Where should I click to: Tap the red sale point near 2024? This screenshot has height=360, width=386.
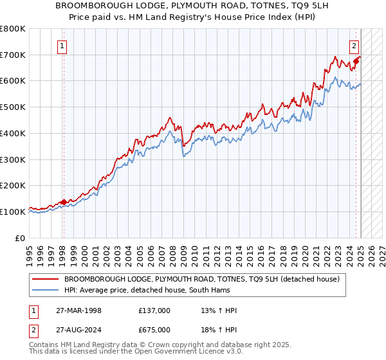click(x=356, y=62)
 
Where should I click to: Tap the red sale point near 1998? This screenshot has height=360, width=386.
click(x=64, y=202)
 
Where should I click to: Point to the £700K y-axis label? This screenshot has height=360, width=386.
click(x=13, y=55)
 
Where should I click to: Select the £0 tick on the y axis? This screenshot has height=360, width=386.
click(x=19, y=238)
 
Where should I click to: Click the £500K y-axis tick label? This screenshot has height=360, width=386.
click(x=13, y=107)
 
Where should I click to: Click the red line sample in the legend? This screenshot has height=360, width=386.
click(x=45, y=279)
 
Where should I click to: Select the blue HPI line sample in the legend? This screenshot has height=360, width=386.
click(x=45, y=291)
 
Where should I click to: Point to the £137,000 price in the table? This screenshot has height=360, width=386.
click(x=154, y=310)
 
